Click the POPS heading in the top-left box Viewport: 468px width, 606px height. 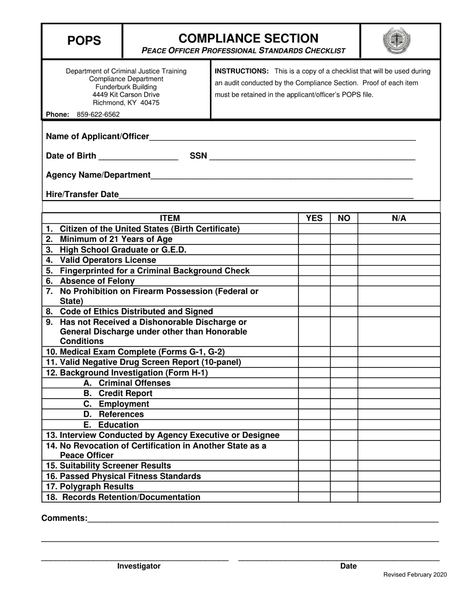tap(84, 41)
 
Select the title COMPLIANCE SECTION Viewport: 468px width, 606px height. tap(248, 38)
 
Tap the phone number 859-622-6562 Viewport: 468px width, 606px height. tap(98, 114)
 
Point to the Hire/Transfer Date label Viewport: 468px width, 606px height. tap(82, 194)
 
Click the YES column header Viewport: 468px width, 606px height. tap(314, 218)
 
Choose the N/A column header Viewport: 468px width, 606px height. tap(399, 218)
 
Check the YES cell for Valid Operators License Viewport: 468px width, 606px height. tap(314, 260)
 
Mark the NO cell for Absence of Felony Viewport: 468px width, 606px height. tap(344, 281)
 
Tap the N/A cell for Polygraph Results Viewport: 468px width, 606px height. tap(399, 487)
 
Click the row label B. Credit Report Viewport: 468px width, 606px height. tap(118, 393)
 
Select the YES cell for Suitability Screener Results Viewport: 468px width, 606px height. tap(314, 466)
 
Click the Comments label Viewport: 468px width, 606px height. tap(65, 518)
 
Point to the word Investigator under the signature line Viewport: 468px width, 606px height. tap(138, 566)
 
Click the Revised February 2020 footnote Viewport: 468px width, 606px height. tap(415, 574)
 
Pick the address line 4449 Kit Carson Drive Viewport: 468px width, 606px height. tap(126, 95)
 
